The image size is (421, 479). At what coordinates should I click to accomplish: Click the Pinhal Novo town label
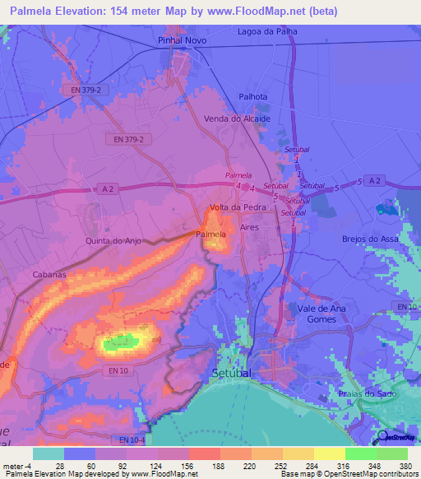pos(180,40)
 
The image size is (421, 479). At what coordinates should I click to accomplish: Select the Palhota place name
pos(253,96)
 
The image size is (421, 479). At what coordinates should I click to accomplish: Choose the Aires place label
pos(250,226)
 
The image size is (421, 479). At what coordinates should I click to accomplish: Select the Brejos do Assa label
pos(370,239)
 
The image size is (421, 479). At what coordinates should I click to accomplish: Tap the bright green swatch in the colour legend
pos(360,453)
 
